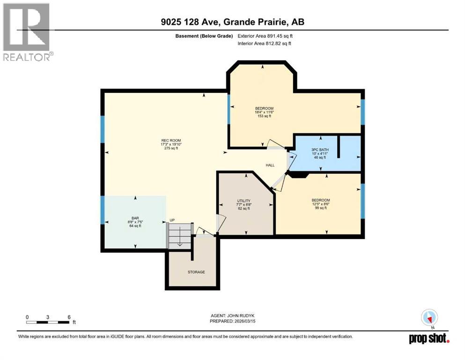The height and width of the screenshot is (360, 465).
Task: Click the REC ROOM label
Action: point(171,140)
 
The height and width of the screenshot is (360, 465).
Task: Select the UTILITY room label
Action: point(244,201)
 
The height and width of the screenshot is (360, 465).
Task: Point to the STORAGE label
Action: point(196,272)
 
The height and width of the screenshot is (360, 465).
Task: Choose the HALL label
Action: point(270,165)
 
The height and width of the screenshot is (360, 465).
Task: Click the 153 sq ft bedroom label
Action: point(264,108)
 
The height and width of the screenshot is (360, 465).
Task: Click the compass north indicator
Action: point(429,318)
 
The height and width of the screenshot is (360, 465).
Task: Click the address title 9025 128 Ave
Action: point(232,22)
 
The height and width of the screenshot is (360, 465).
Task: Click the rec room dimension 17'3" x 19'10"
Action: point(171,144)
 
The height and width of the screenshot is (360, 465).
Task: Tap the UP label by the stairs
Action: point(172,220)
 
